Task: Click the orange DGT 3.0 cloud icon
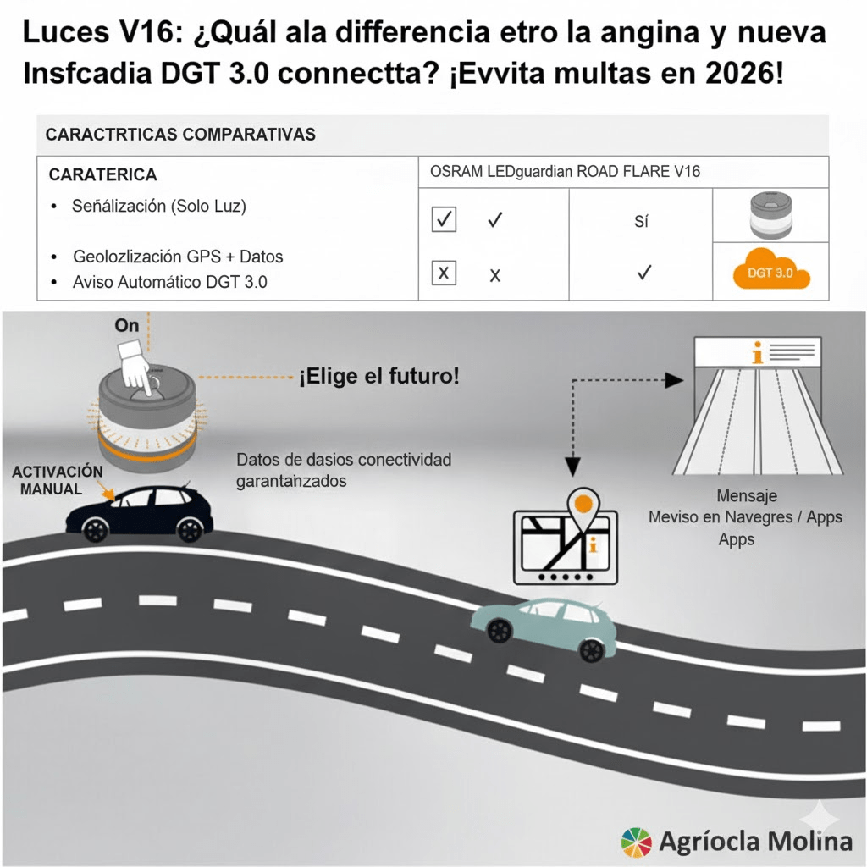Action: pos(770,269)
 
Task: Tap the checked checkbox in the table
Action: pos(444,219)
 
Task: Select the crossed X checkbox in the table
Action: pos(444,273)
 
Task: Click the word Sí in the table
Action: pos(641,222)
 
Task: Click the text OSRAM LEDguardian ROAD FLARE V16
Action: pos(565,171)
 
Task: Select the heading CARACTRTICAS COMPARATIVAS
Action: pos(180,135)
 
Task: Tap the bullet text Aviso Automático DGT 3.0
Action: pos(169,282)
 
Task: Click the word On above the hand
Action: pos(127,325)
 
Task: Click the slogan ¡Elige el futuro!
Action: pos(379,376)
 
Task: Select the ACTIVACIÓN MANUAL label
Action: pos(57,480)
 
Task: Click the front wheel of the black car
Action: pos(190,530)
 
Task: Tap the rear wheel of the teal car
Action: pos(500,630)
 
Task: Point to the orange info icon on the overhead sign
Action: pos(758,352)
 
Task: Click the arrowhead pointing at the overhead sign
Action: pos(673,380)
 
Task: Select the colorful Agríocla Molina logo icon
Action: pos(636,842)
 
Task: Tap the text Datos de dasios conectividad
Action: pos(344,460)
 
